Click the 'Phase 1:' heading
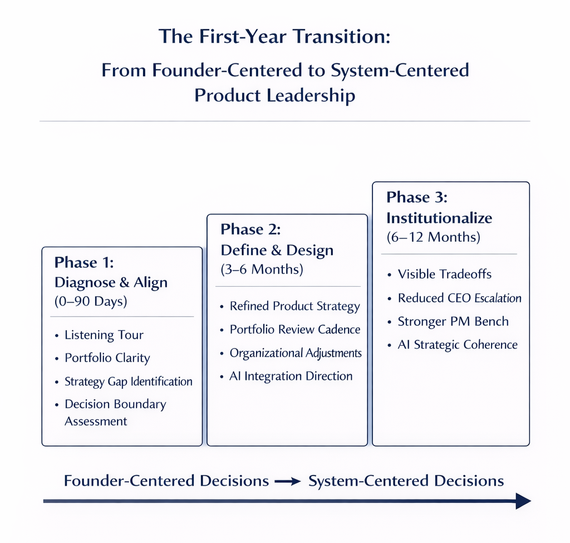click(x=84, y=263)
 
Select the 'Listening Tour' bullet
click(x=104, y=335)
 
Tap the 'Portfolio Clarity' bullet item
click(x=107, y=358)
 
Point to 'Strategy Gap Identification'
click(x=129, y=381)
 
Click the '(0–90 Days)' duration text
click(x=91, y=301)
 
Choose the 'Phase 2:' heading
click(x=250, y=229)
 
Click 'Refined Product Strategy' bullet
click(x=294, y=306)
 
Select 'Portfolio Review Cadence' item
click(x=295, y=330)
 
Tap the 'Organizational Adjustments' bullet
click(x=296, y=353)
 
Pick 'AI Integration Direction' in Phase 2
click(x=291, y=376)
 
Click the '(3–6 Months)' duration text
click(x=262, y=270)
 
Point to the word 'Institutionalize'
click(x=439, y=217)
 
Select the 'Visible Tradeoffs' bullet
click(x=445, y=274)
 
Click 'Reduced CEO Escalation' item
click(x=459, y=298)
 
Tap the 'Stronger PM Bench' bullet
click(x=453, y=321)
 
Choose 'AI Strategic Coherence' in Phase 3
click(x=458, y=345)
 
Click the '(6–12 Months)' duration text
click(x=433, y=237)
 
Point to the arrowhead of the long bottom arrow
click(x=523, y=501)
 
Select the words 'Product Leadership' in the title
click(x=275, y=95)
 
